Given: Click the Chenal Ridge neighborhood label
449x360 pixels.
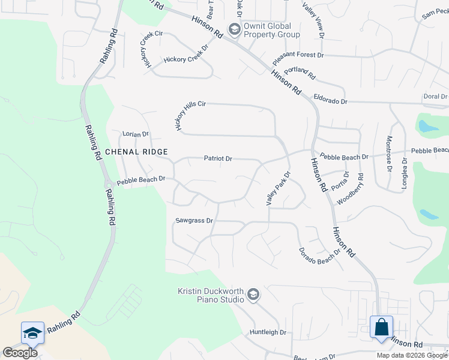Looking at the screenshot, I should coord(136,152).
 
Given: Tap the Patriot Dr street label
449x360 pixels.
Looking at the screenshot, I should coord(218,159).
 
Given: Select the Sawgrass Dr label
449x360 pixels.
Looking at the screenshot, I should coord(194,221).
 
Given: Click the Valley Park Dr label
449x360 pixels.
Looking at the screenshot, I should coord(279,188).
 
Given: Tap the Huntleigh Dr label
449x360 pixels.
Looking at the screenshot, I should coord(268,332).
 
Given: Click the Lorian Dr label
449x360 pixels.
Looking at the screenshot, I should coord(135,134).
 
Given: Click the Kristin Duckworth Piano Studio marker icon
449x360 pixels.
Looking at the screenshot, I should coord(253,295).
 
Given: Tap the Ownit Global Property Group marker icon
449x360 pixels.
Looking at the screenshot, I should coord(234,29).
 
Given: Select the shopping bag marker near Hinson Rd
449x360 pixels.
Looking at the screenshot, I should coord(381,328).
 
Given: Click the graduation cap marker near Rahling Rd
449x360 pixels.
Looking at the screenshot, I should coord(32,333).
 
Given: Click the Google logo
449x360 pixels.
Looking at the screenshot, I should coord(20,353).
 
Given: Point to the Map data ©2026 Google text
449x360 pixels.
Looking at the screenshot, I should coord(412,355).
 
